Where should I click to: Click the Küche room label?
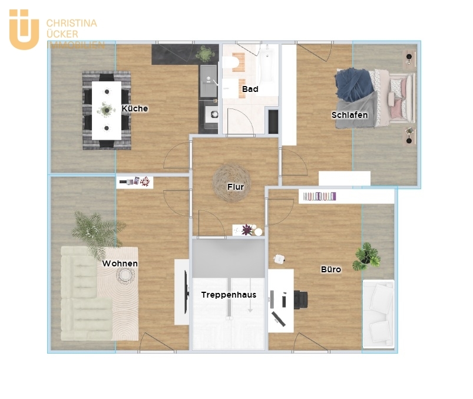[x=135, y=108]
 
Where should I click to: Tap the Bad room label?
[x=250, y=90]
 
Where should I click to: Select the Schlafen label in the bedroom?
[x=349, y=115]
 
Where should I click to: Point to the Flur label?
[x=236, y=187]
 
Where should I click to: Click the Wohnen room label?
[x=120, y=263]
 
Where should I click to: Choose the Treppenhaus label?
[x=229, y=295]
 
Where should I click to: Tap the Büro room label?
[x=330, y=269]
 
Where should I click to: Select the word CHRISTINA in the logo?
[x=71, y=23]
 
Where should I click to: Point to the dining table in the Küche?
[x=107, y=110]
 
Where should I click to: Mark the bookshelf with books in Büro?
[x=319, y=196]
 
